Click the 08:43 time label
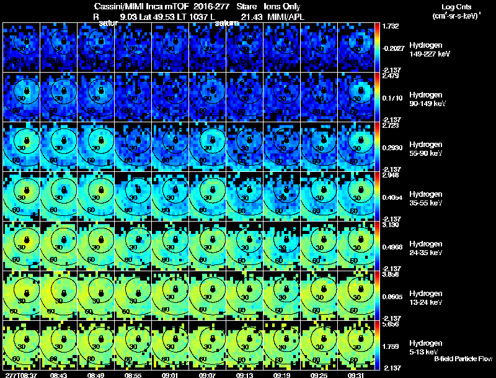pos(59,375)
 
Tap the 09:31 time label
pos(356,375)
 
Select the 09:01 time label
pos(170,375)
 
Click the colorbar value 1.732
pos(391,26)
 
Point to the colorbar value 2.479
pos(391,76)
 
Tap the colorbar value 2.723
pos(391,125)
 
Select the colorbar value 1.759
pos(391,346)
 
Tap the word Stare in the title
pos(247,6)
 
